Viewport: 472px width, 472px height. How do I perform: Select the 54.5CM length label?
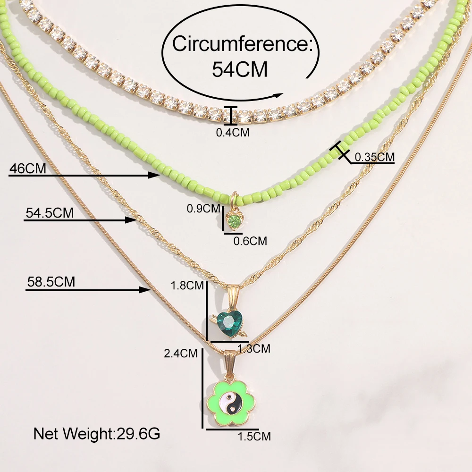tap(49, 213)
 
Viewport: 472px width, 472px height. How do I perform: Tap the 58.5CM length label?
tap(50, 282)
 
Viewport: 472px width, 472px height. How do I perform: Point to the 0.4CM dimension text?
tap(232, 133)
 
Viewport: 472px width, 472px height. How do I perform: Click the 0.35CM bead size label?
tap(374, 157)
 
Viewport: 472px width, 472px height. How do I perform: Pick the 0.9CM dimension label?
tap(203, 208)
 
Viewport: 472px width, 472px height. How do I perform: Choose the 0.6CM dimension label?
tap(250, 241)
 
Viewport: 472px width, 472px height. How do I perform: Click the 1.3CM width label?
tap(253, 349)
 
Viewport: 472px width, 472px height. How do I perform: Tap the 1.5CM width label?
tap(254, 436)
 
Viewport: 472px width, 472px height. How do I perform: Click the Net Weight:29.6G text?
tap(96, 433)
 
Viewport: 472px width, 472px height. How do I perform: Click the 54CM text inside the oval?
tap(240, 69)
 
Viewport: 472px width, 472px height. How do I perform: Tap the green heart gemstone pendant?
tap(229, 323)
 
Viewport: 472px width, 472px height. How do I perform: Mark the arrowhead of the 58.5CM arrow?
tap(147, 289)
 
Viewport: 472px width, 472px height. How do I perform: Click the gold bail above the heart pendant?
tap(232, 296)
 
